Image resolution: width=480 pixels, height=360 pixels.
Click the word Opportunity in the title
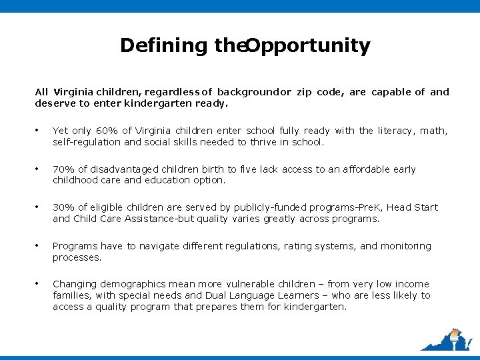coord(308,46)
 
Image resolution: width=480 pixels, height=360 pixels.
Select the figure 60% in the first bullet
coord(105,131)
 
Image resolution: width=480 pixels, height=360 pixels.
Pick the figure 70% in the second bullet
coord(63,169)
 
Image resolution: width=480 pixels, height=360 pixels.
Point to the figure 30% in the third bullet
coord(63,207)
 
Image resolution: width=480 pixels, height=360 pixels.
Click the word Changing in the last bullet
coord(73,284)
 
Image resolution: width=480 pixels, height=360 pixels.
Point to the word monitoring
coord(406,246)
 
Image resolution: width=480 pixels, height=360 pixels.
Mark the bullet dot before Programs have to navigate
coord(39,246)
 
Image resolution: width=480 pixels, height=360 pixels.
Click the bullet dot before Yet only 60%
coord(39,131)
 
